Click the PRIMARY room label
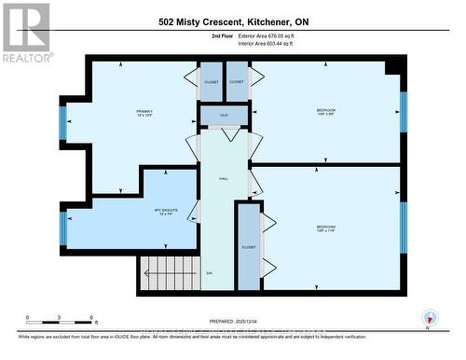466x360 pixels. coord(144,114)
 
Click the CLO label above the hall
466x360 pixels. coord(224,116)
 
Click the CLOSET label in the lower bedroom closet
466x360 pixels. coord(248,247)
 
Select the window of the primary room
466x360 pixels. coord(62,121)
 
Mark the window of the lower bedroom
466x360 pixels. coord(404,227)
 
